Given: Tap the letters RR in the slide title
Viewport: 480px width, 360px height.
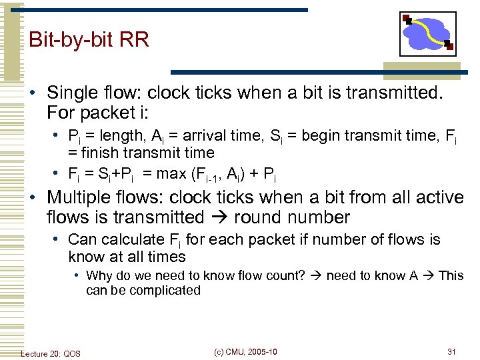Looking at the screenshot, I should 136,40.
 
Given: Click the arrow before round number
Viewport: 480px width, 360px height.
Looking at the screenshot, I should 219,217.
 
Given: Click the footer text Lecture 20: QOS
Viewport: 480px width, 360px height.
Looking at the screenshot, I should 51,353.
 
